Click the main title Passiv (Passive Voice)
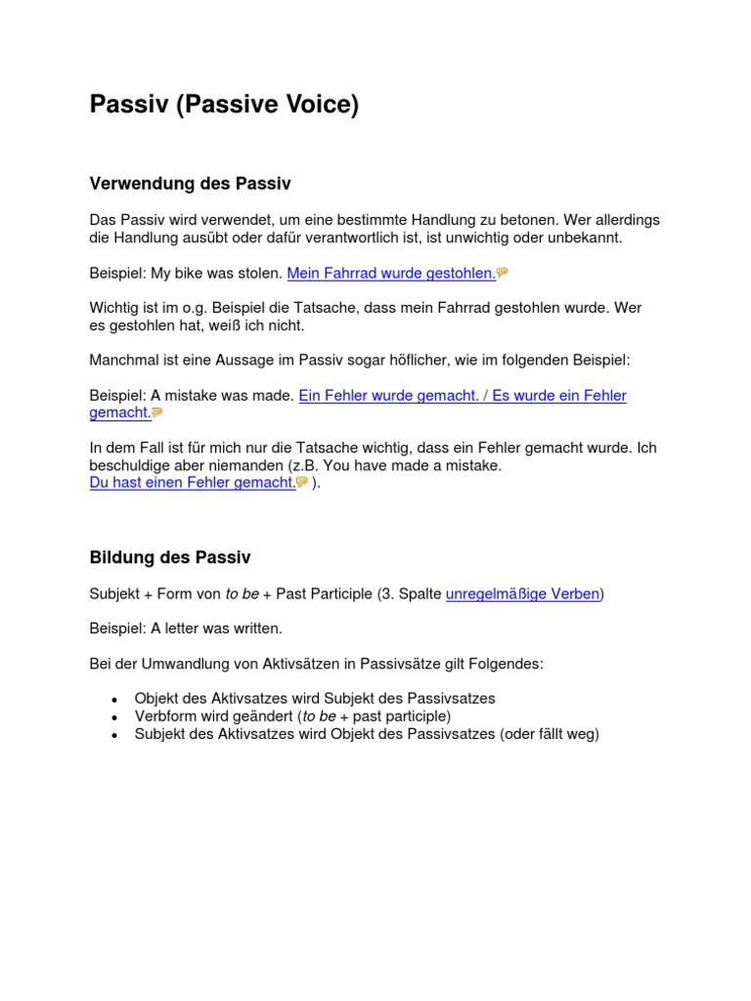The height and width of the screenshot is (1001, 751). tap(224, 105)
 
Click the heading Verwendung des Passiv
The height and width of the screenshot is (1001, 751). tap(190, 183)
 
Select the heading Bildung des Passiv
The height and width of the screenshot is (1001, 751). tap(170, 557)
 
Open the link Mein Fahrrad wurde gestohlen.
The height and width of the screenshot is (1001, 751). tap(391, 273)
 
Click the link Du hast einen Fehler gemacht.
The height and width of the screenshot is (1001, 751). tap(192, 482)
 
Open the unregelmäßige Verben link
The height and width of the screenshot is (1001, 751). tap(522, 593)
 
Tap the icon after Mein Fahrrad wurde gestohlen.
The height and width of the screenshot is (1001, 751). tap(503, 273)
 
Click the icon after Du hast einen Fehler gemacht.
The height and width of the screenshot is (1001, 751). tap(302, 482)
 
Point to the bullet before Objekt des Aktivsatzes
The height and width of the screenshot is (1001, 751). tap(114, 700)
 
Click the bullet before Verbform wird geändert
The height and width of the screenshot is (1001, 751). tap(114, 718)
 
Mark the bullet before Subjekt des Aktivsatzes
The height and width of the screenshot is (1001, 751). tap(114, 735)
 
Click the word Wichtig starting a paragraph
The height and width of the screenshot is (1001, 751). tap(114, 308)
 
